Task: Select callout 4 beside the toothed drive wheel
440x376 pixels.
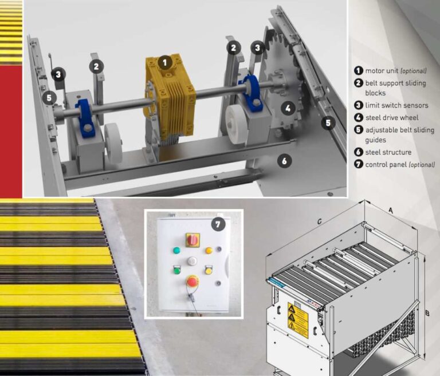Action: (289, 106)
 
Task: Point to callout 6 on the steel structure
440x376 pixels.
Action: (284, 161)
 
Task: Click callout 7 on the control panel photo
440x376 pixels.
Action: (218, 224)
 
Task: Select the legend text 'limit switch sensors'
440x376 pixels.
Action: (396, 105)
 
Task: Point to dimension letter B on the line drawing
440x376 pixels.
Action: (427, 313)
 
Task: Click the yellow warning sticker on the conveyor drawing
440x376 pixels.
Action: (298, 320)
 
